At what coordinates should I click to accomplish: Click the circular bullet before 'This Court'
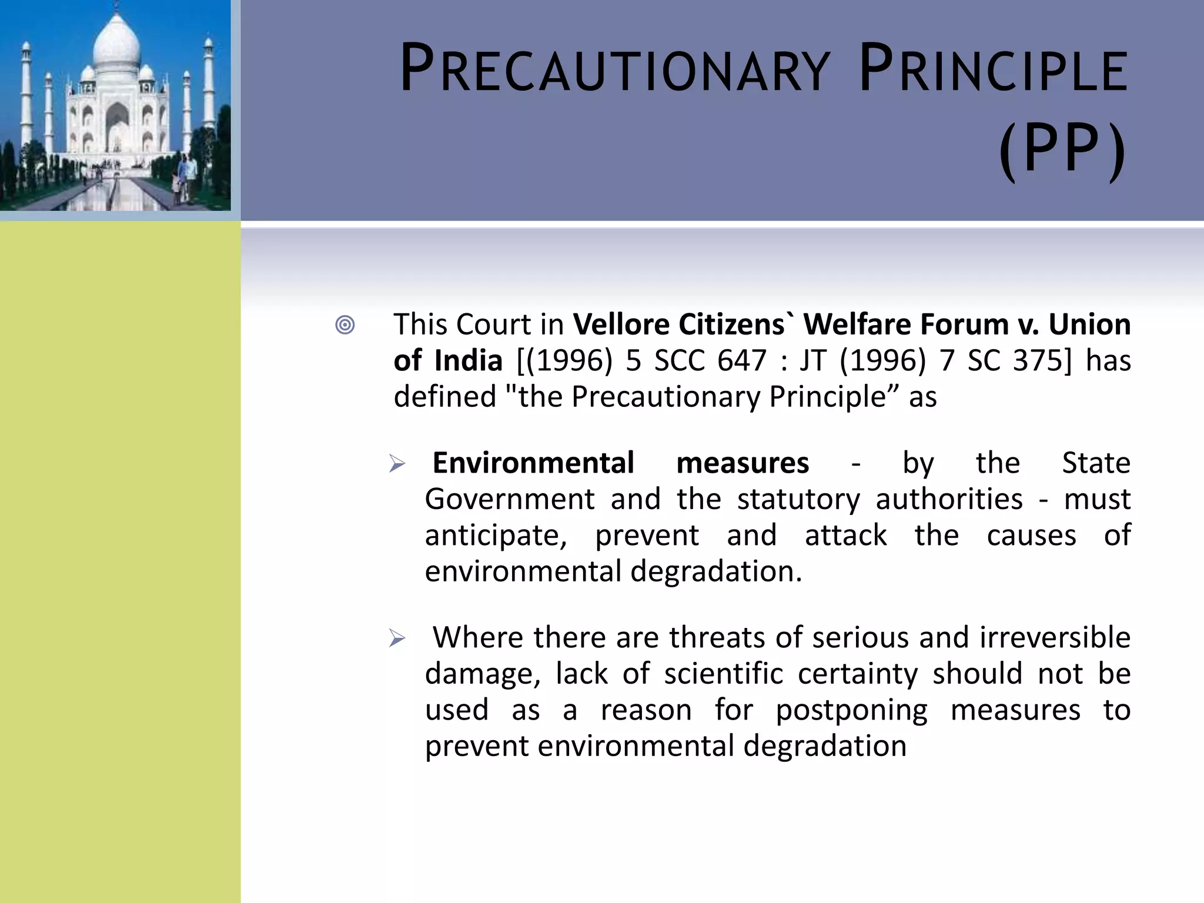(345, 325)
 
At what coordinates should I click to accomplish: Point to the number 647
(742, 360)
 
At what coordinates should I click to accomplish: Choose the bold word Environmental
(533, 463)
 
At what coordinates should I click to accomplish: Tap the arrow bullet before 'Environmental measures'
(397, 464)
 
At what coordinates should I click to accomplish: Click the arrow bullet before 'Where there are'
(397, 638)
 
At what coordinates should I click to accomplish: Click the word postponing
(851, 710)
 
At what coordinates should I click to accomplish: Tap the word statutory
(798, 500)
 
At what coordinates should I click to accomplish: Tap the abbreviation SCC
(679, 360)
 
